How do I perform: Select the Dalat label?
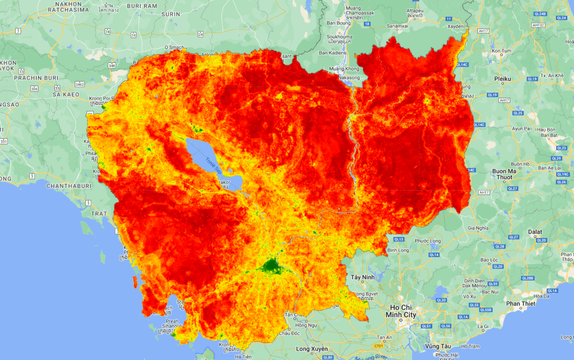(x=535, y=232)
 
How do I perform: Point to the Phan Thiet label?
(x=520, y=304)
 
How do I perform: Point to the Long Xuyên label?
(x=312, y=349)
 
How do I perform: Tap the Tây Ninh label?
(x=362, y=277)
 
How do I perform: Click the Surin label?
(x=171, y=14)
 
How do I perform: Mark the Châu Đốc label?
(x=291, y=333)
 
